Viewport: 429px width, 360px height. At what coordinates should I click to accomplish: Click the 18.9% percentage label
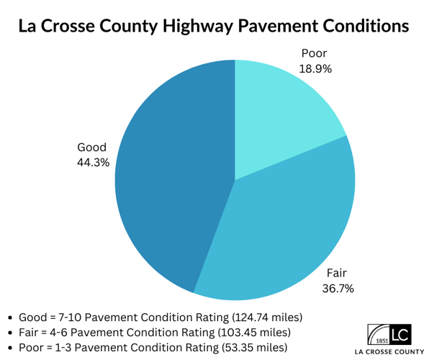pos(314,68)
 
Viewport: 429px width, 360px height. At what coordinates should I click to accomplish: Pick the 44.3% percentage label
pos(93,163)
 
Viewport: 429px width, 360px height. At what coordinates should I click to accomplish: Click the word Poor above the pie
pos(314,53)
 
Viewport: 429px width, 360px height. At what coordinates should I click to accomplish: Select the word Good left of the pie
pos(92,148)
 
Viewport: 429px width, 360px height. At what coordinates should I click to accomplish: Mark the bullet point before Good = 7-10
pos(11,318)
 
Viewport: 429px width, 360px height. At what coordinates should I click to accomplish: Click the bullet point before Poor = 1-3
pos(11,348)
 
